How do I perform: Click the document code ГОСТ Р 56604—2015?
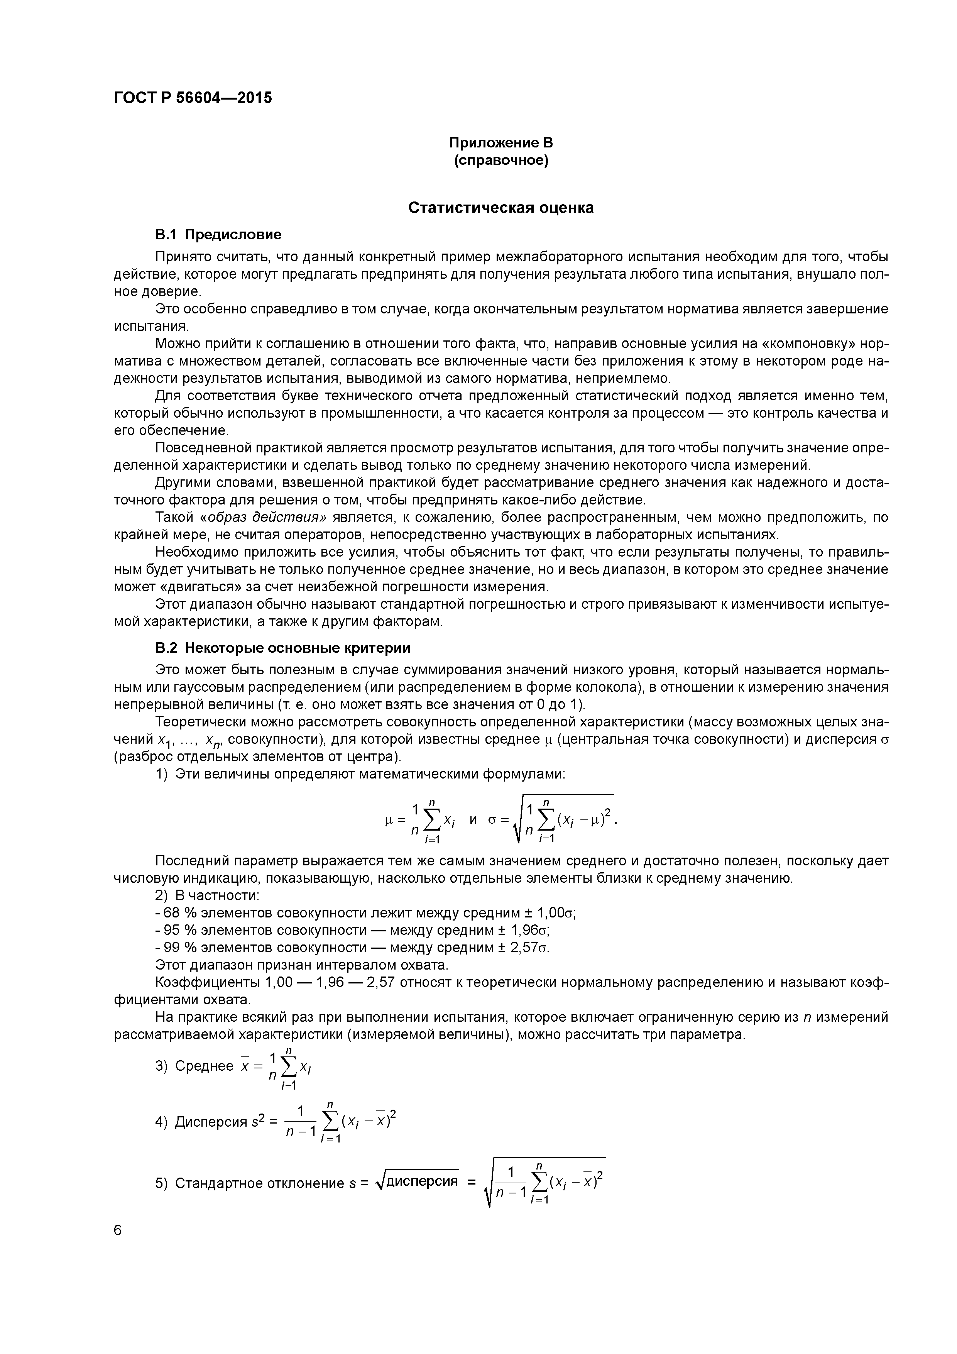coord(193,98)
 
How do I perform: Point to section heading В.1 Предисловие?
coord(218,235)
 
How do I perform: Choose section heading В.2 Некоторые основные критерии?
coord(282,648)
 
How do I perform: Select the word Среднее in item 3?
coord(204,1066)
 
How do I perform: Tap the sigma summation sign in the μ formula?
coord(432,821)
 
